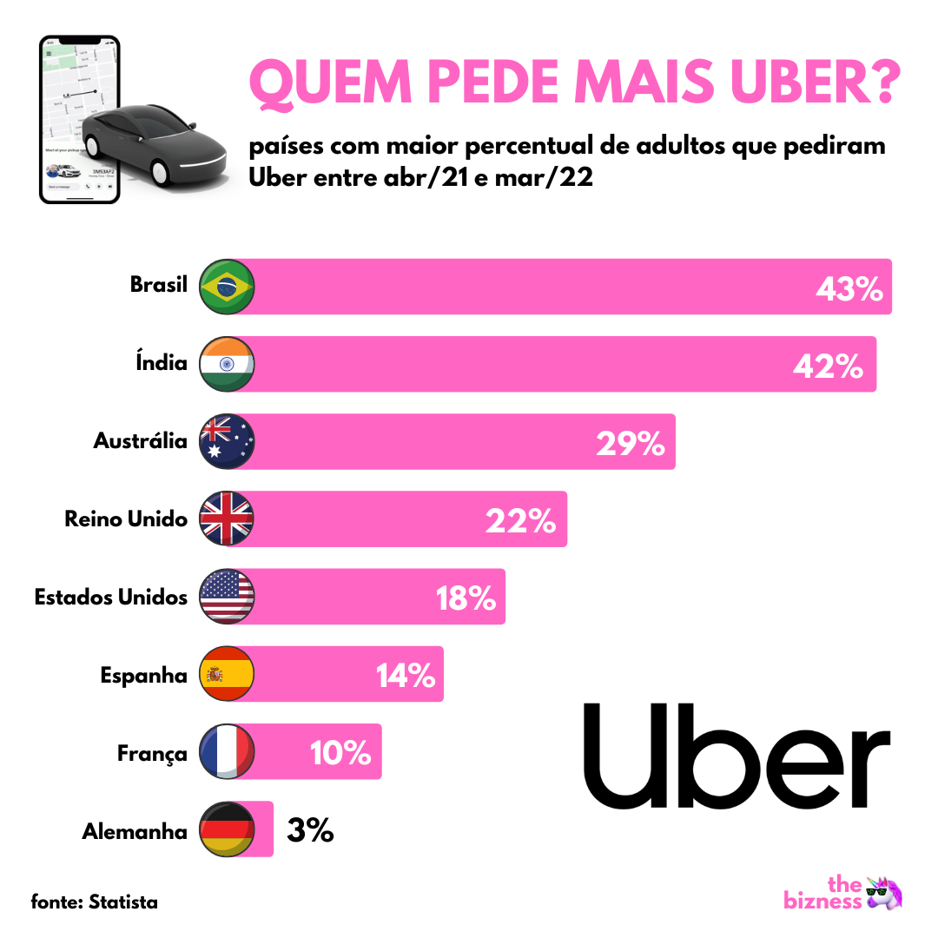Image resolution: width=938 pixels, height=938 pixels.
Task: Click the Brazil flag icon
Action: click(227, 286)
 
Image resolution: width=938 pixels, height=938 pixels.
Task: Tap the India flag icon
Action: click(227, 364)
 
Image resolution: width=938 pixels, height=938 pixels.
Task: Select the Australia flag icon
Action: click(227, 441)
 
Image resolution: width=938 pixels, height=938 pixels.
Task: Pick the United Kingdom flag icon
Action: click(227, 519)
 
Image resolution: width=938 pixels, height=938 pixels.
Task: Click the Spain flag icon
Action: click(227, 674)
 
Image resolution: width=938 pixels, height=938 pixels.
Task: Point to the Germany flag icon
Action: click(227, 829)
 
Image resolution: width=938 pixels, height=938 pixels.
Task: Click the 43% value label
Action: click(849, 288)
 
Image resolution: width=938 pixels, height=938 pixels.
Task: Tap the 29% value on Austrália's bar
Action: click(631, 444)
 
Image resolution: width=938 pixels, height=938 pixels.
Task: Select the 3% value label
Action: click(310, 831)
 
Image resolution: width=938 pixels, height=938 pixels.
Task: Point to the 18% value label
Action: click(466, 598)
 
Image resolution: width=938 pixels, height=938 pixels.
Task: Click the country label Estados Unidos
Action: click(111, 598)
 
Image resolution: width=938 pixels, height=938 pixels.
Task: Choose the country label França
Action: click(152, 753)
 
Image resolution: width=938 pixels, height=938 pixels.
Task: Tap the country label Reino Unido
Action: click(126, 519)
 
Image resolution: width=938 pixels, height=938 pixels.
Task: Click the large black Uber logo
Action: click(737, 754)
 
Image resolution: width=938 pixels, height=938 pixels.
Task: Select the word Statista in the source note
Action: click(123, 902)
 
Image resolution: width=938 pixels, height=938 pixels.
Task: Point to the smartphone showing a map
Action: click(79, 119)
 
